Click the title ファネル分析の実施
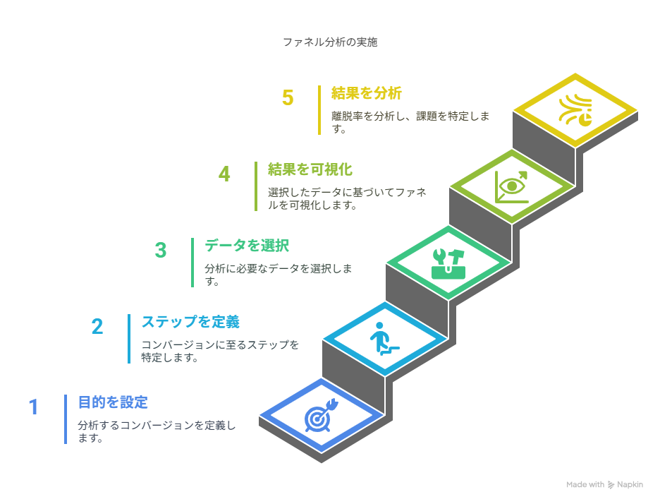click(x=330, y=42)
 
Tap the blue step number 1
click(x=34, y=407)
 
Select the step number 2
click(x=97, y=327)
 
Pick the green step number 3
click(x=161, y=251)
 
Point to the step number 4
click(x=224, y=174)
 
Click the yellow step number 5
click(x=288, y=98)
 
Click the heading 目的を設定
click(x=113, y=402)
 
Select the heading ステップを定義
click(x=190, y=322)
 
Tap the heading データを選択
click(x=247, y=246)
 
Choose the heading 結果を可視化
click(x=310, y=169)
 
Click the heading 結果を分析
click(x=367, y=93)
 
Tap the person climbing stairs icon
click(x=384, y=339)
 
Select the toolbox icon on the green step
click(x=448, y=264)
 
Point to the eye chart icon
click(x=511, y=186)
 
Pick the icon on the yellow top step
click(x=575, y=110)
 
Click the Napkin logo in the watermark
click(x=611, y=485)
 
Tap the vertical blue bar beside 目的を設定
click(x=66, y=419)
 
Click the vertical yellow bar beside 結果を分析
click(x=319, y=110)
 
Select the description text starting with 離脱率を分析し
click(x=410, y=122)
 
